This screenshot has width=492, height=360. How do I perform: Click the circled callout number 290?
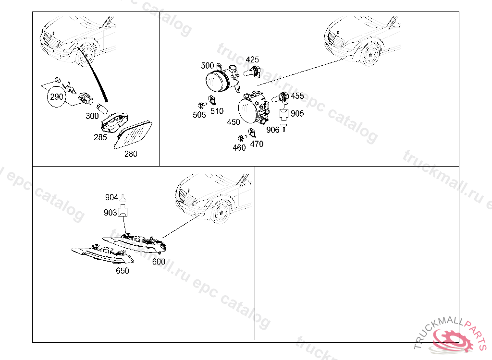pos(57,96)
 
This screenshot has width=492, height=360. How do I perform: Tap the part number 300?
pos(92,116)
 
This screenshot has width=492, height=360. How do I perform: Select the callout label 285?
pos(100,137)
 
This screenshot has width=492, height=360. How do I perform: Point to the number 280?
pos(131,154)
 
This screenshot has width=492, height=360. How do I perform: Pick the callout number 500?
pos(208,66)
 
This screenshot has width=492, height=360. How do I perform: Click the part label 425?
pos(252,60)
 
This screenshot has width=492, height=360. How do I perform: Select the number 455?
pos(297,96)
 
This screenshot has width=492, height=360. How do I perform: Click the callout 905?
pos(297,113)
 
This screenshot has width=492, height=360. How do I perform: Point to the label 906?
pos(273,130)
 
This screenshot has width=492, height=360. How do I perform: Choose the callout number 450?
pos(234,122)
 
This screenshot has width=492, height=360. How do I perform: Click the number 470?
pos(257,144)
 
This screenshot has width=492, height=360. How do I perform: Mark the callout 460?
pos(239,148)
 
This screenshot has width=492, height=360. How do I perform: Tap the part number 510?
pos(217,111)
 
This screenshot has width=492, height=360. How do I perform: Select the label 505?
pos(199,115)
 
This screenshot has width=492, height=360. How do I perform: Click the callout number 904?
pos(111,197)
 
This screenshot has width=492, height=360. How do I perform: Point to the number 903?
pos(111,213)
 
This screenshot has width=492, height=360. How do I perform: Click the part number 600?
pos(159,262)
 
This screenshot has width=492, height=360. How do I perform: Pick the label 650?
pos(123,271)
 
